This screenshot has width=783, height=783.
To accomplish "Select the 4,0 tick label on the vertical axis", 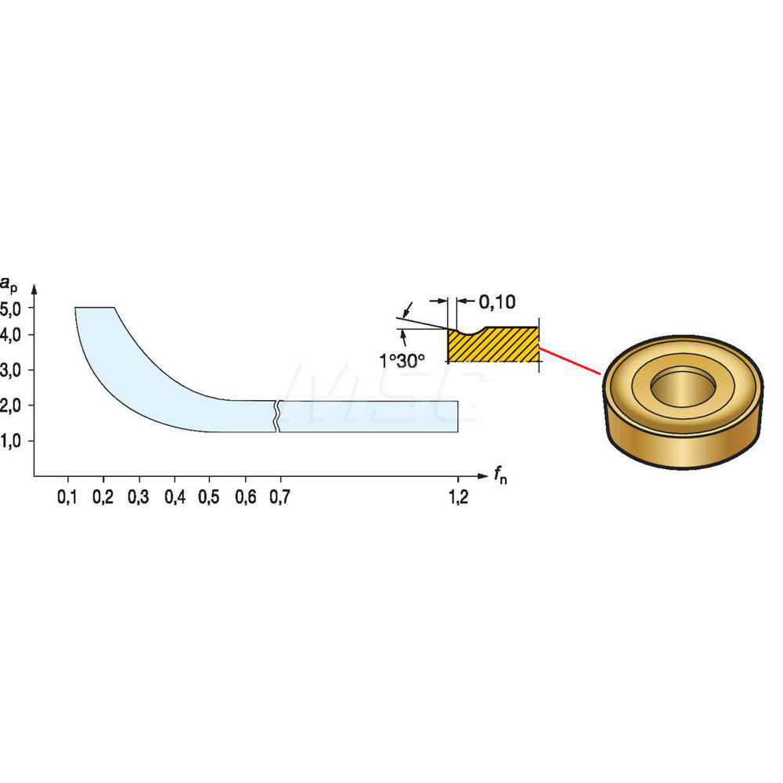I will [13, 335].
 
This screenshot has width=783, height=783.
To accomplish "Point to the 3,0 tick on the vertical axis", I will [13, 370].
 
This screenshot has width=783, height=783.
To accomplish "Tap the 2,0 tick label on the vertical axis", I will [13, 406].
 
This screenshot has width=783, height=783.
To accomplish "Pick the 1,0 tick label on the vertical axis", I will [13, 441].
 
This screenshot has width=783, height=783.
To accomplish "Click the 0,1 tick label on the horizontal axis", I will [68, 496].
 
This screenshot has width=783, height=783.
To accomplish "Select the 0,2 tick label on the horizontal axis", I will [103, 496].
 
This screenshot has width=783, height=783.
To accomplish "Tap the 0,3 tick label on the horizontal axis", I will [139, 496].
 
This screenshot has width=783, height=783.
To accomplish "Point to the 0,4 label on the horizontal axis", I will [175, 496].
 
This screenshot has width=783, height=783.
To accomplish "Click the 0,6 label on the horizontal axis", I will [245, 496].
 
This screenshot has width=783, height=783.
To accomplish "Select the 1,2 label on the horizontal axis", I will [458, 496].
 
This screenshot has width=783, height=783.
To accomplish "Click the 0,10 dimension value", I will [496, 301].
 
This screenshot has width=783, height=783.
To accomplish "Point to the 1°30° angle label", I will [402, 362].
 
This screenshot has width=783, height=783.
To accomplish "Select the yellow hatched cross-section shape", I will [493, 347].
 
